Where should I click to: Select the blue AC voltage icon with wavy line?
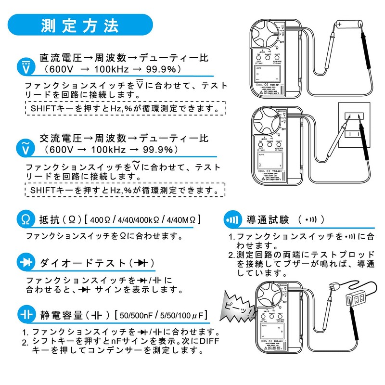click(26, 148)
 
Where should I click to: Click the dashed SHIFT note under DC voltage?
click(123, 109)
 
